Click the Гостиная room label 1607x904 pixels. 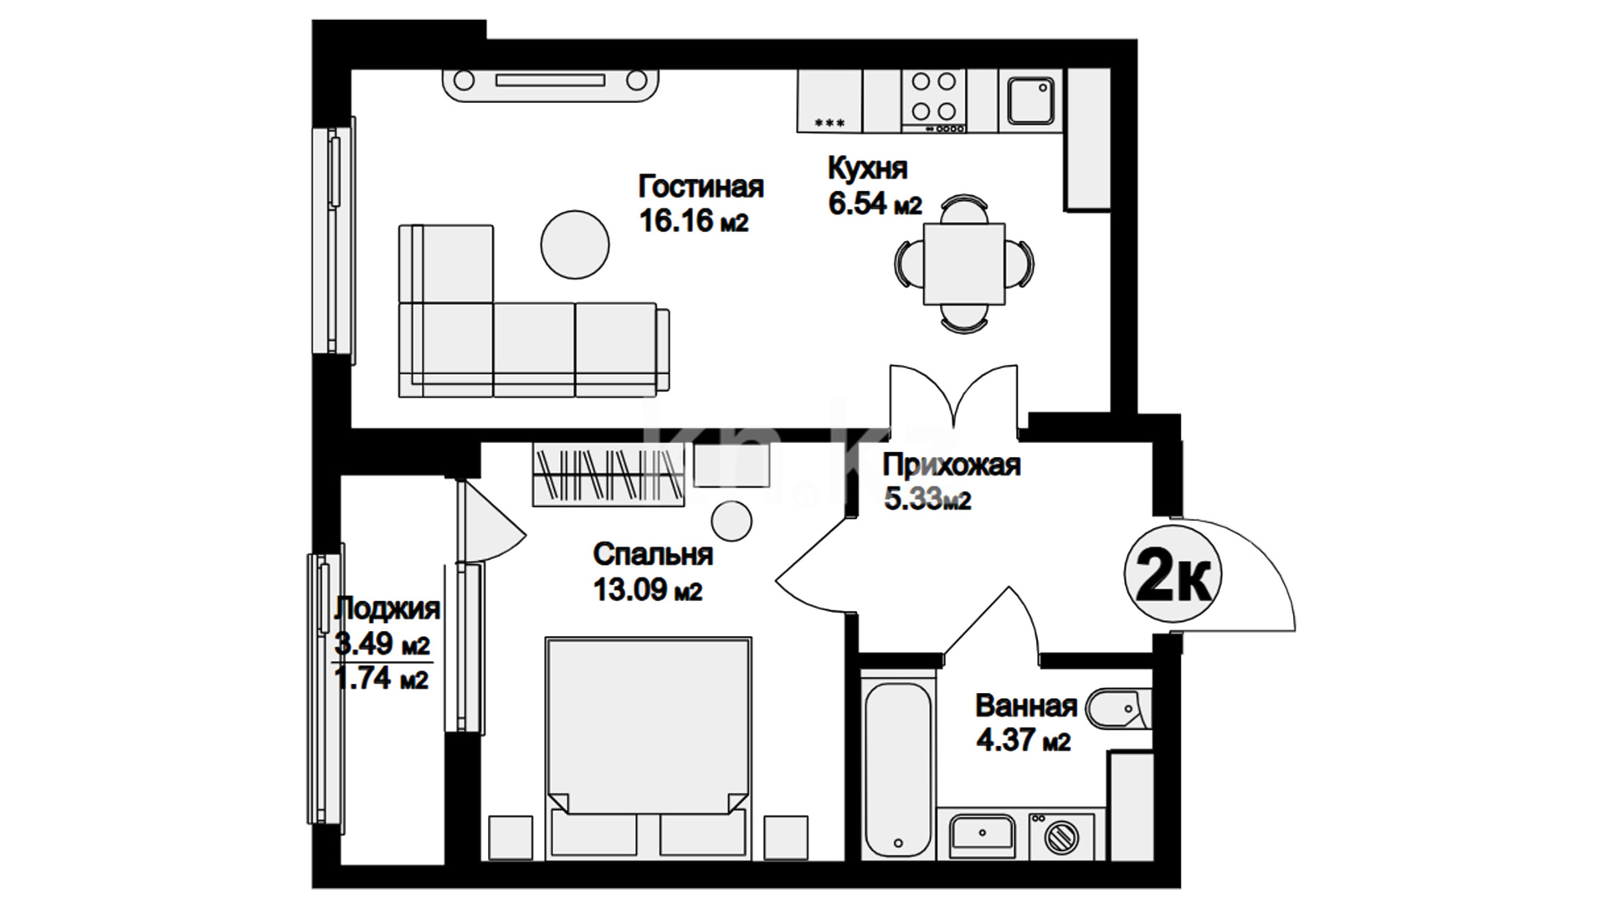tap(701, 186)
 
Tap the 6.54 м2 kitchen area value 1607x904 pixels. tap(875, 203)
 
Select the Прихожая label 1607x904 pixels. tap(952, 464)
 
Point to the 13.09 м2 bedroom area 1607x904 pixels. tap(648, 590)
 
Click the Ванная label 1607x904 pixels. tap(1026, 706)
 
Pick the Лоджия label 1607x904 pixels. tap(387, 609)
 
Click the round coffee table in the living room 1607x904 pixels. tap(575, 244)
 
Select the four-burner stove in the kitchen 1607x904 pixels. tap(934, 100)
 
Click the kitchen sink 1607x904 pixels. tap(1030, 100)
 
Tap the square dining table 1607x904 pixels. tap(964, 264)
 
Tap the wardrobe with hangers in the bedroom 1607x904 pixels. tap(608, 475)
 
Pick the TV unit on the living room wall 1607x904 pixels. tap(550, 82)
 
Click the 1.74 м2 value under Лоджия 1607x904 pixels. tap(382, 678)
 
